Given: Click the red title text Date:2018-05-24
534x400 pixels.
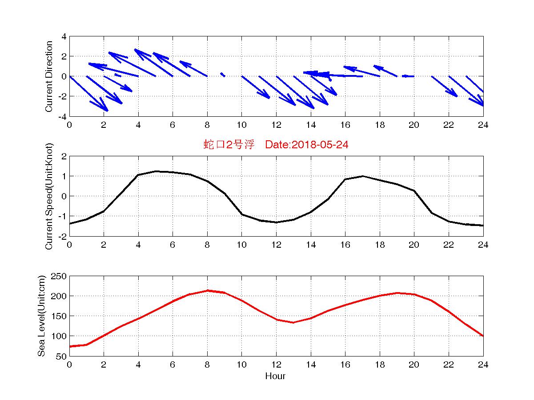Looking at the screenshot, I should (x=306, y=144).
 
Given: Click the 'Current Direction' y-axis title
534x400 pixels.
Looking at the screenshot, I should (x=49, y=76).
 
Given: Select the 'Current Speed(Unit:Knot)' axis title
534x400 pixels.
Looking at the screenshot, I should (x=49, y=196).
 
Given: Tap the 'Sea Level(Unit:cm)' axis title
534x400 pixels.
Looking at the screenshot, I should (x=42, y=316).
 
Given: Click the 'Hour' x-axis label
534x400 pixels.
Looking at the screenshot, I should (x=276, y=376).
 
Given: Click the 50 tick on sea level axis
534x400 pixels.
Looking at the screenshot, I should (x=62, y=356).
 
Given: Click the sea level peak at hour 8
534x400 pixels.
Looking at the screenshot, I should (x=207, y=291).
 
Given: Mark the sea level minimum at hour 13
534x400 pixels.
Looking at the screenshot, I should (x=293, y=322).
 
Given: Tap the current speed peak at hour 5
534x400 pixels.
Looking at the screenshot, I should (x=156, y=171).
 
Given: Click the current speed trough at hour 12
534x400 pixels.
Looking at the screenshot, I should (x=276, y=222).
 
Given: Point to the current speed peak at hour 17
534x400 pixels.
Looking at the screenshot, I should (x=362, y=176).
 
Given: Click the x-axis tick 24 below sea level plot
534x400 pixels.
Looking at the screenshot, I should (x=483, y=365).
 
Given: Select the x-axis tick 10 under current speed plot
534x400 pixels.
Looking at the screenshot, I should (x=241, y=245).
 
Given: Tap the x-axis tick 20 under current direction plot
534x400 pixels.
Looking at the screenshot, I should (x=414, y=125).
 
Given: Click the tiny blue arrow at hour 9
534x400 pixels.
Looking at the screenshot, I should (x=222, y=75).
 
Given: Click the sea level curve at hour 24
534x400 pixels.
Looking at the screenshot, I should (x=483, y=336).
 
